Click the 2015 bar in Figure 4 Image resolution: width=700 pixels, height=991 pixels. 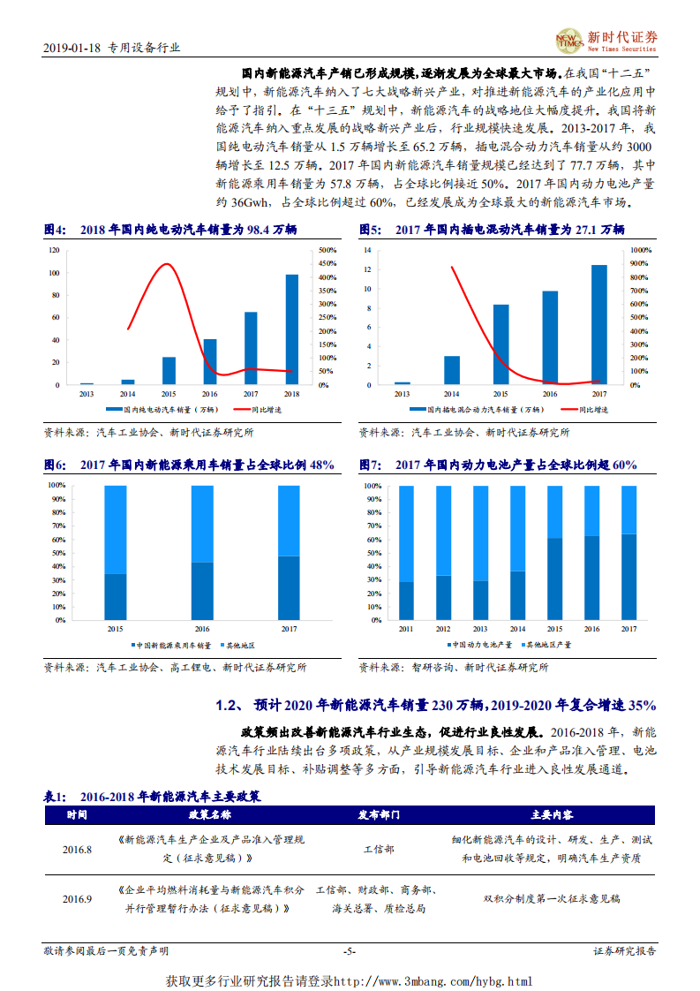pos(169,370)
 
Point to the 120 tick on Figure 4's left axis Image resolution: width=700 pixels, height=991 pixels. pos(55,250)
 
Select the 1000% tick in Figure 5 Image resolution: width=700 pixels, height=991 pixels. pos(642,250)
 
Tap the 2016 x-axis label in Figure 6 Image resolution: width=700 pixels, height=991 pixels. pos(202,629)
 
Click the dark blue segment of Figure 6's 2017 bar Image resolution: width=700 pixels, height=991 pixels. pos(289,587)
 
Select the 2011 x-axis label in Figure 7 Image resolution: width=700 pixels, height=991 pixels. pos(406,629)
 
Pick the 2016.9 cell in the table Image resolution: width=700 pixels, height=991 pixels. pos(77,899)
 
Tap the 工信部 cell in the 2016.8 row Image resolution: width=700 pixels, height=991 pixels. pos(380,849)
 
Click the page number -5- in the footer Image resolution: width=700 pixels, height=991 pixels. pos(349,951)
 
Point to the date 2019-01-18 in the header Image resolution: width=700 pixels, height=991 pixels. pos(72,49)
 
